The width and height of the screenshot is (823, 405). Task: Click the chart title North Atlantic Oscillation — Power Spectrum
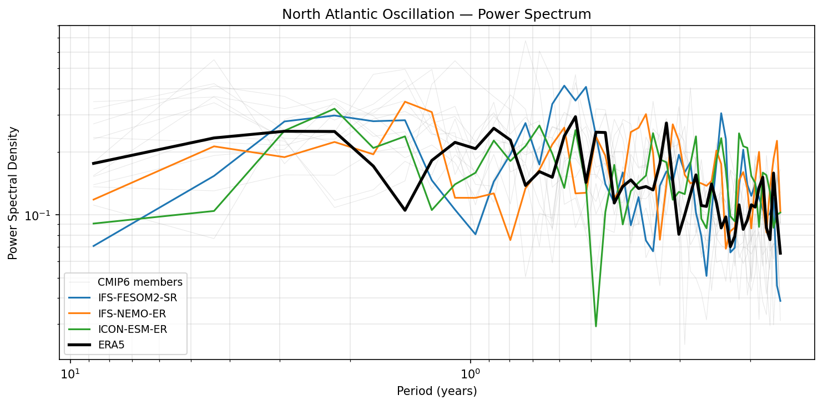(436, 14)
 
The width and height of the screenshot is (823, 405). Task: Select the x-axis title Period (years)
(437, 391)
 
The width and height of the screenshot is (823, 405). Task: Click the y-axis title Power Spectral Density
(13, 193)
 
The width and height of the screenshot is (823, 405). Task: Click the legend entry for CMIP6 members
(140, 282)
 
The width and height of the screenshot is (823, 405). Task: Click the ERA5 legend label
(111, 345)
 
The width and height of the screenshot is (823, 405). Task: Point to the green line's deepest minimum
(595, 326)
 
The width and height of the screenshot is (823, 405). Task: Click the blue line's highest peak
(564, 85)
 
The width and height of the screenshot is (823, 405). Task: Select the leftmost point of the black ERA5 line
(93, 164)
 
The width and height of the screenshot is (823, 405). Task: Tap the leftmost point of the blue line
(93, 246)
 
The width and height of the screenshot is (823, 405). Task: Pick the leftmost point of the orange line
(93, 200)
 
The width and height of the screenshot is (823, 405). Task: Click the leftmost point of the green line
(93, 224)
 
